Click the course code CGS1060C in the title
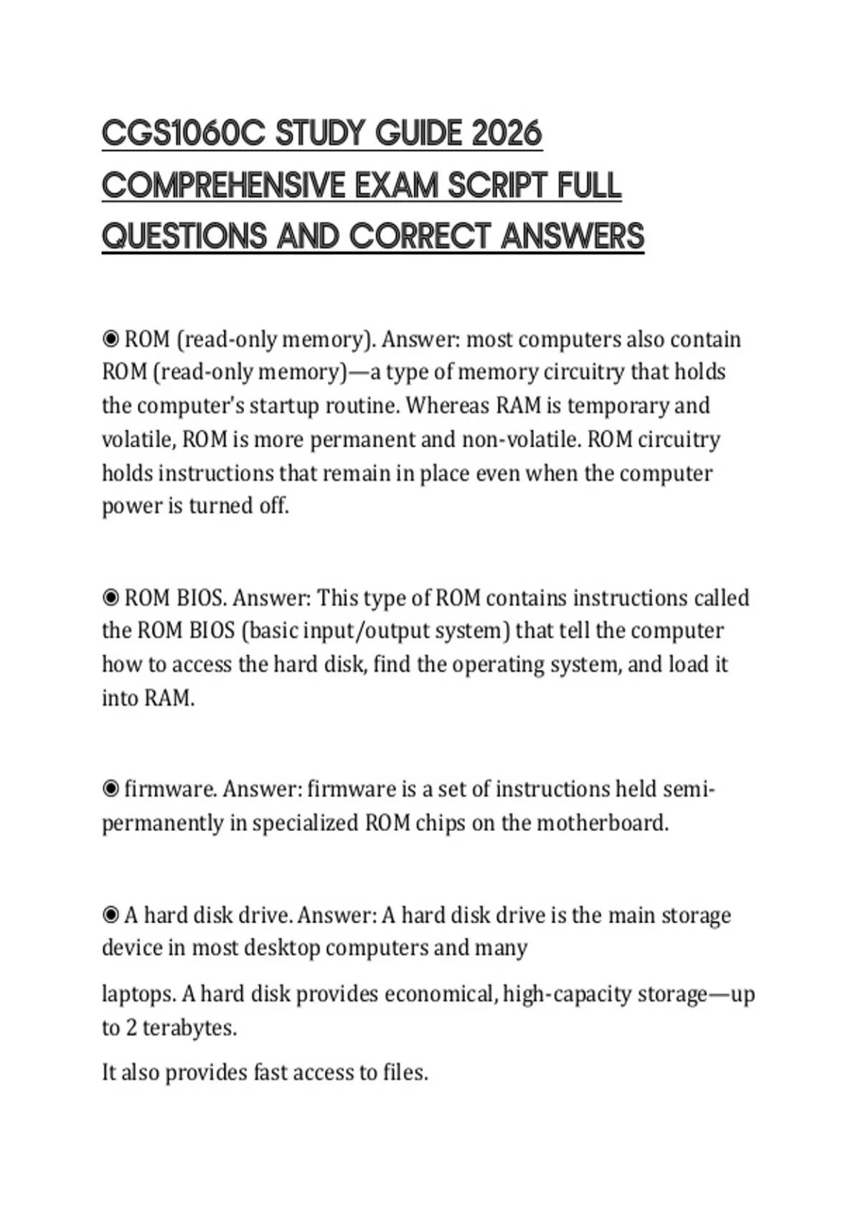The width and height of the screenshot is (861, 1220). [x=183, y=134]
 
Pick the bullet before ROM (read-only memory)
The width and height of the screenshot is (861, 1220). [x=110, y=338]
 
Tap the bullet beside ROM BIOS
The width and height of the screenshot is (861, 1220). [x=110, y=597]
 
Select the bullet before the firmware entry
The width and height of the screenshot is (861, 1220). [x=110, y=789]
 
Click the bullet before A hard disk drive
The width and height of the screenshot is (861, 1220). [x=110, y=915]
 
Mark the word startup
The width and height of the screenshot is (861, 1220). [x=284, y=406]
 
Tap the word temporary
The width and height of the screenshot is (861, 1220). [x=617, y=405]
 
